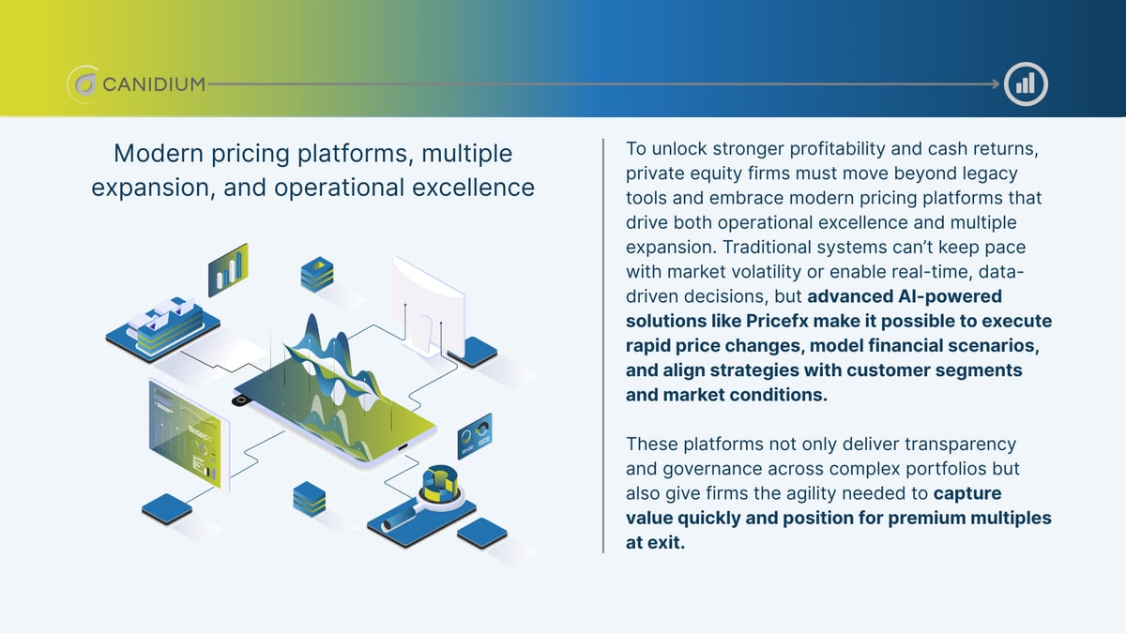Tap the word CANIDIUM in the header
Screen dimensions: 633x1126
(152, 84)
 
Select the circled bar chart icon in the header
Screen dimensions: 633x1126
(1025, 84)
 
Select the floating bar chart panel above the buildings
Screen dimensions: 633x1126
(228, 268)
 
